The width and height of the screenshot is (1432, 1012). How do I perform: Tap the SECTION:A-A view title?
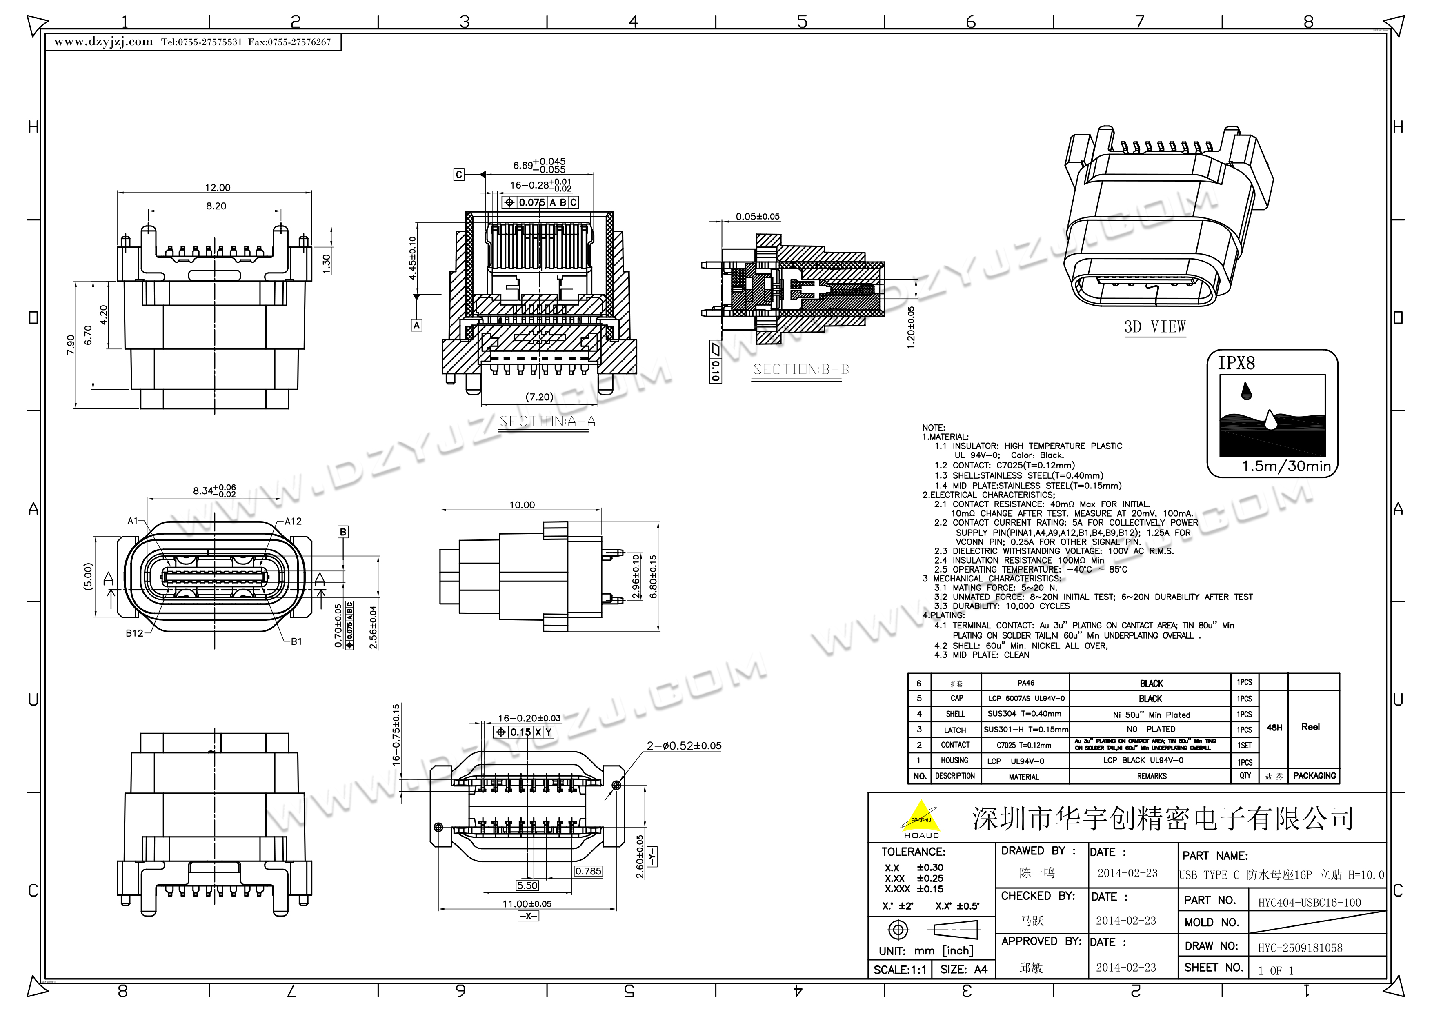547,422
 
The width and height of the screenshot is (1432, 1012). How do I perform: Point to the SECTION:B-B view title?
801,370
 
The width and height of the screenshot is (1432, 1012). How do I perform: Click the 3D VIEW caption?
1154,327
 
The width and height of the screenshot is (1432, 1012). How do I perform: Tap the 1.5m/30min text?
1286,466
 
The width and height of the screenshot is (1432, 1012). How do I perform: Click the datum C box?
459,175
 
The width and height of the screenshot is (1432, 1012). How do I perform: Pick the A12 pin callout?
293,521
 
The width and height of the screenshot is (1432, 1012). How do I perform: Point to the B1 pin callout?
296,641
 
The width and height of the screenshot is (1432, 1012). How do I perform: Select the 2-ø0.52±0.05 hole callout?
684,746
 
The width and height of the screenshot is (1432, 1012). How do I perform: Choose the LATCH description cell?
955,730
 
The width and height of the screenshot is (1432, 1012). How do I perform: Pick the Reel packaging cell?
1310,727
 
